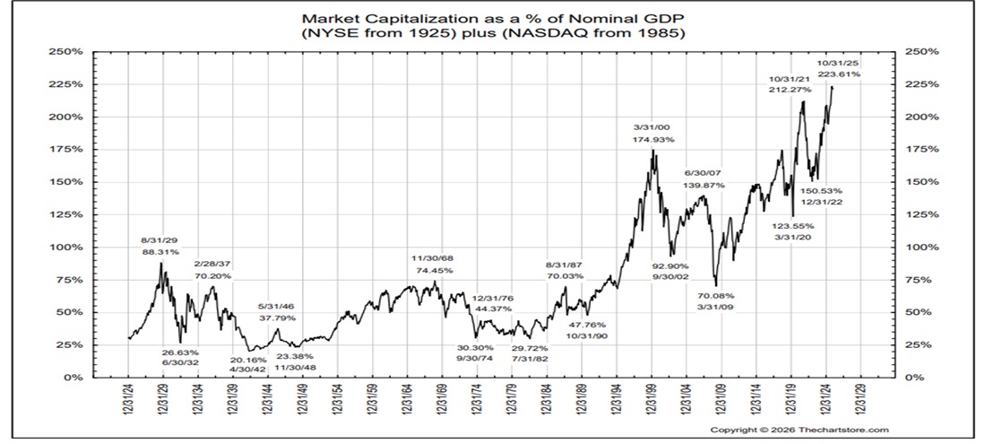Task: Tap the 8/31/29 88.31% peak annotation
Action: coord(160,246)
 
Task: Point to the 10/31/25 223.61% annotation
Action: coord(838,68)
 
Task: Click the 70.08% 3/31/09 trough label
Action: coord(716,300)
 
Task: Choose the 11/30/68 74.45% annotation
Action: coord(432,264)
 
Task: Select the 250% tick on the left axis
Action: coord(70,52)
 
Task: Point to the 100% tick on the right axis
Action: coord(924,248)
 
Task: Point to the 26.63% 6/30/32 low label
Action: coord(182,359)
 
